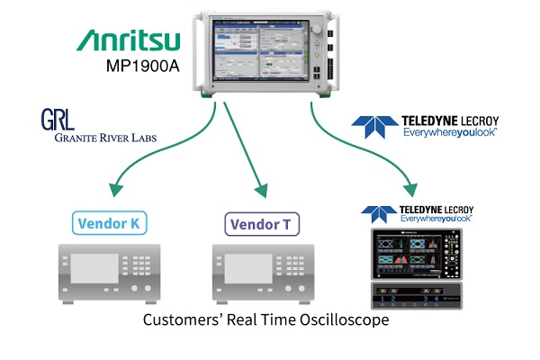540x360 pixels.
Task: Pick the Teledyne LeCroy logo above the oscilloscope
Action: tap(420, 215)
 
